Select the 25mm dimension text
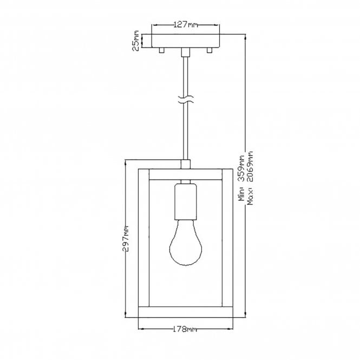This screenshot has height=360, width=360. pos(136,41)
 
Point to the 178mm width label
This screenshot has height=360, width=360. pos(186,329)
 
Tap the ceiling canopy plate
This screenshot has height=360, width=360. pos(186,41)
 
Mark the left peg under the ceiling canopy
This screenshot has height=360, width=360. pos(161,51)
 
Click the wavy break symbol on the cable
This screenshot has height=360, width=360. pos(185,100)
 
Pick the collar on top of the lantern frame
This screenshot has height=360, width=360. pos(185,165)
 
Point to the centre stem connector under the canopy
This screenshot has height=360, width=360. pos(185,53)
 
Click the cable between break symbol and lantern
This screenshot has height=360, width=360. pos(185,133)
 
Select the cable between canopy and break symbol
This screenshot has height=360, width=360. pos(185,76)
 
